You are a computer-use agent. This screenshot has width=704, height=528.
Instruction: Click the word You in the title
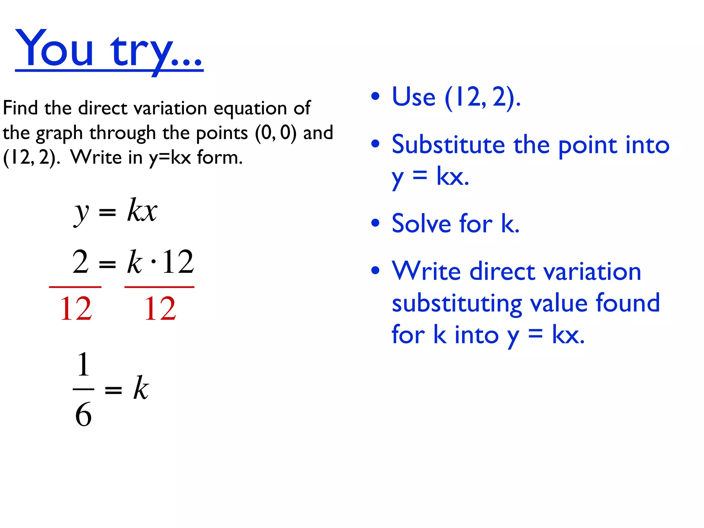pos(54,48)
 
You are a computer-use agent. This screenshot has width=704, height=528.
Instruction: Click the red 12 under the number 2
pos(76,309)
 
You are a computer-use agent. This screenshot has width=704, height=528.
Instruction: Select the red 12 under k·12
pos(160,309)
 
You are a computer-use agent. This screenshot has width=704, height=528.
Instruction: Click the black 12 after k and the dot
pos(178,262)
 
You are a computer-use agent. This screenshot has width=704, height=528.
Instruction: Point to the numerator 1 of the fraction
pos(84,364)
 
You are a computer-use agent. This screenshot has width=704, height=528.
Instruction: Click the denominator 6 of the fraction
pos(84,415)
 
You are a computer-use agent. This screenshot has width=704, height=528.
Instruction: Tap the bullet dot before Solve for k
pos(375,223)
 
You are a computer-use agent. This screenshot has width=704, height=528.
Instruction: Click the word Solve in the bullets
pos(421,223)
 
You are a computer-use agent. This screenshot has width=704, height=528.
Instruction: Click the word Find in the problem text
pos(20,108)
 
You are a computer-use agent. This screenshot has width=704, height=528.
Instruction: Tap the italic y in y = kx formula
pos(81,212)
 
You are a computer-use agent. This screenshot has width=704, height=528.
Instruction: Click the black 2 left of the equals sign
pos(80,262)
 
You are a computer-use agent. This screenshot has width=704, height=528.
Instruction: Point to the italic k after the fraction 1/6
pos(141,388)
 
